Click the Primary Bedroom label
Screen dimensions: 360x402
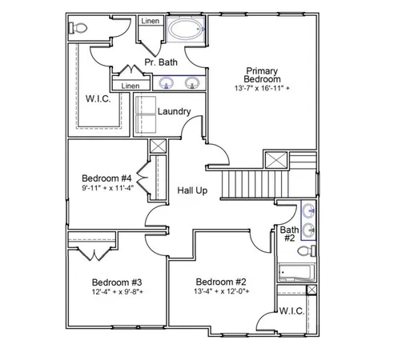[262, 74]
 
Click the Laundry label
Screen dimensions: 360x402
[174, 111]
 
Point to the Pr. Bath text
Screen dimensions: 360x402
[161, 62]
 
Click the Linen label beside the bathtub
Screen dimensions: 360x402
[150, 20]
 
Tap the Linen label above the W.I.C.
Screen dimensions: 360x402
[131, 86]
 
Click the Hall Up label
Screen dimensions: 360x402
[193, 192]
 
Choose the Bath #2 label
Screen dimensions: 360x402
[289, 234]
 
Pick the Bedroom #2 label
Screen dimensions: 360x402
[220, 282]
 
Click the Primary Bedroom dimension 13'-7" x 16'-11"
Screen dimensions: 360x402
[262, 87]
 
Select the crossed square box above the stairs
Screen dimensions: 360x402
[276, 158]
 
